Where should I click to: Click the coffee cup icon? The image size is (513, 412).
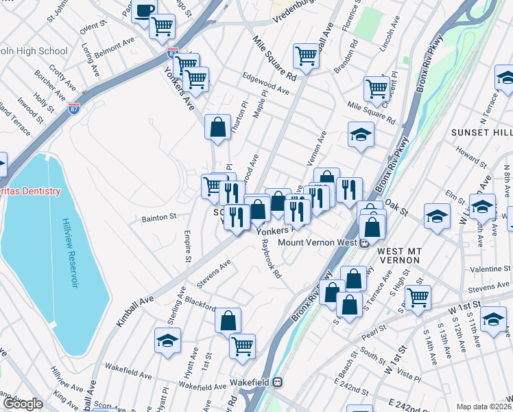tap(145, 11)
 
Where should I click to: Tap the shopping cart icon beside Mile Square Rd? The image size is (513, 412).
tap(306, 55)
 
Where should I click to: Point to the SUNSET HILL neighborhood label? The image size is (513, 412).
tap(480, 130)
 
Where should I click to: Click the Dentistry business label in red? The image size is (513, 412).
tap(29, 191)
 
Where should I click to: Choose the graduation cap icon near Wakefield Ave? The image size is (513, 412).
tap(167, 341)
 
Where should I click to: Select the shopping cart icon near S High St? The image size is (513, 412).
tap(417, 297)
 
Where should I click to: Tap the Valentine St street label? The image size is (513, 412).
tap(492, 268)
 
